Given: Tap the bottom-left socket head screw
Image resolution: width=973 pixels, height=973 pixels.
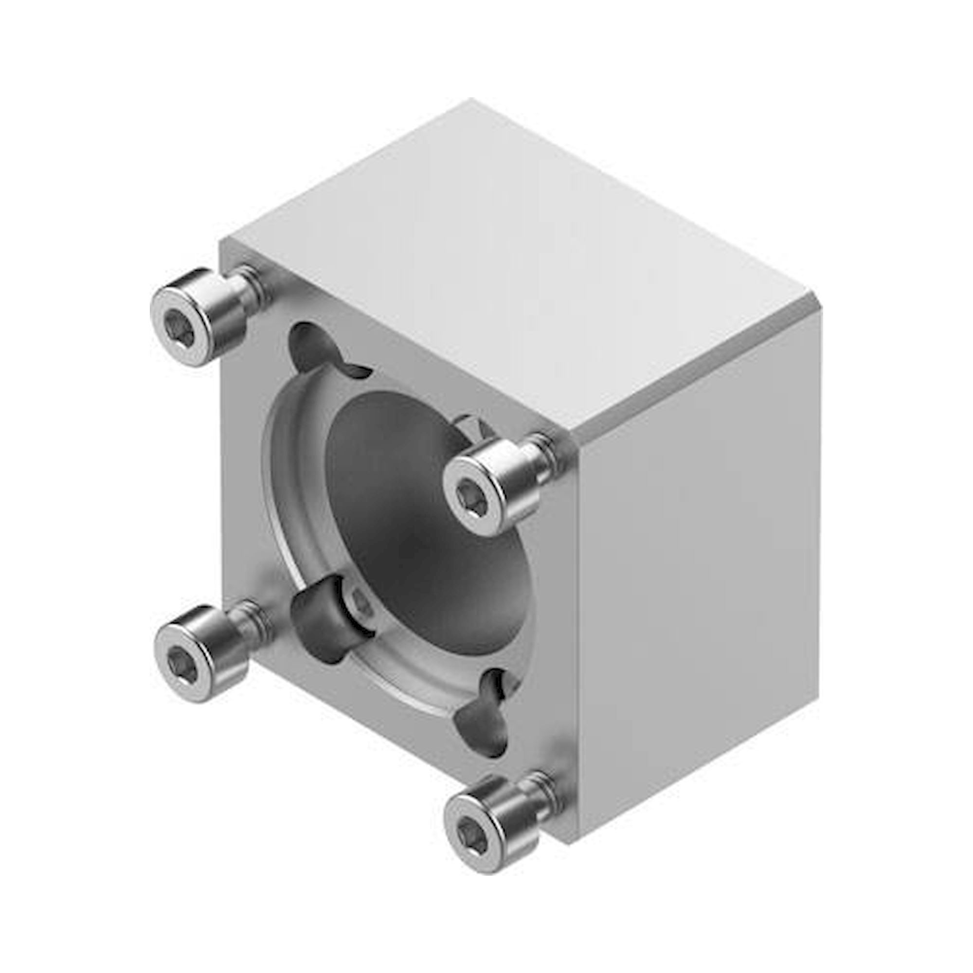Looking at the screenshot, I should click(x=204, y=649).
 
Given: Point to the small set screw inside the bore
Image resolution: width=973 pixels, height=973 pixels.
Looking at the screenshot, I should click(x=360, y=602).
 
